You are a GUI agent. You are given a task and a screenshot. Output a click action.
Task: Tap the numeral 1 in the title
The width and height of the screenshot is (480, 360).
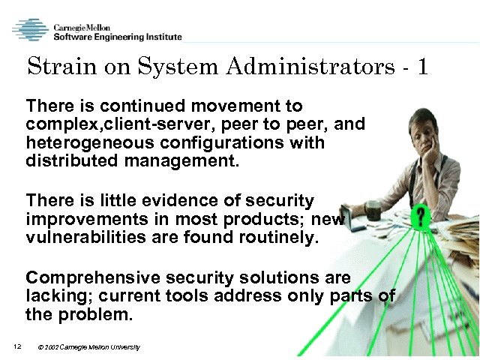click(423, 67)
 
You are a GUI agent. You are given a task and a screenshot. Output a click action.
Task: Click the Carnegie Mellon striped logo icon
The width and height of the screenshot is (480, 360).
click(30, 29)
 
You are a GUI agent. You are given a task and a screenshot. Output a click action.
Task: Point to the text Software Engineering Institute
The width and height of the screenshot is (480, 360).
click(116, 37)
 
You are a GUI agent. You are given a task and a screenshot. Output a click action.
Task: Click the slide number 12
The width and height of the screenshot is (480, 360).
click(16, 346)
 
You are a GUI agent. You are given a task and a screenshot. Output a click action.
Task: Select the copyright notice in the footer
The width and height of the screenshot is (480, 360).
click(88, 346)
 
